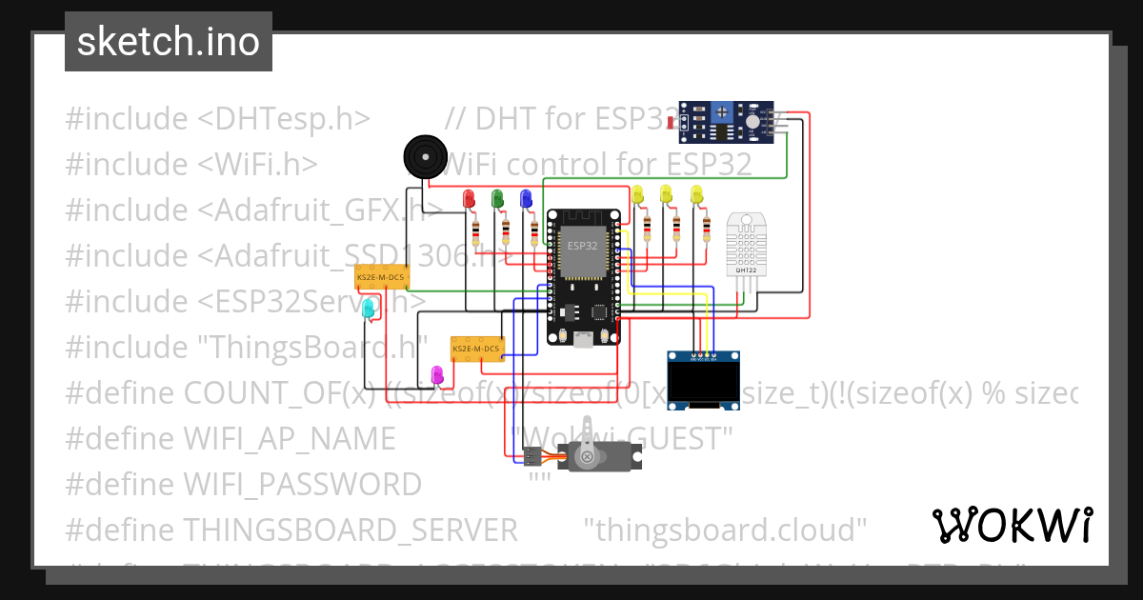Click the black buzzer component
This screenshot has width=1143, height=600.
(x=424, y=153)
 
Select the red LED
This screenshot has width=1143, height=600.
(x=468, y=199)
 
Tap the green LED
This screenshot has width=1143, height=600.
(x=496, y=199)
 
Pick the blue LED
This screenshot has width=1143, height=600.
(x=525, y=199)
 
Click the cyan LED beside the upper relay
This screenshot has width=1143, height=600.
(x=368, y=308)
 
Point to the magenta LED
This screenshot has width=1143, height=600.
(x=438, y=375)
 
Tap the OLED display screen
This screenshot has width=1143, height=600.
(x=703, y=384)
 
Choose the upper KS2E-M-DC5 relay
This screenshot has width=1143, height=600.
(x=380, y=277)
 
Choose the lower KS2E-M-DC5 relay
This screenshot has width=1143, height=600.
(x=476, y=349)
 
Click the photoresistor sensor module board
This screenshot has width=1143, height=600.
(x=731, y=121)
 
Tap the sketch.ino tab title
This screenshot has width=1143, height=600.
(x=168, y=42)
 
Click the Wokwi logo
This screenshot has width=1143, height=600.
(x=1012, y=525)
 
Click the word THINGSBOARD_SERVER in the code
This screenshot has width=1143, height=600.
(x=351, y=529)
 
